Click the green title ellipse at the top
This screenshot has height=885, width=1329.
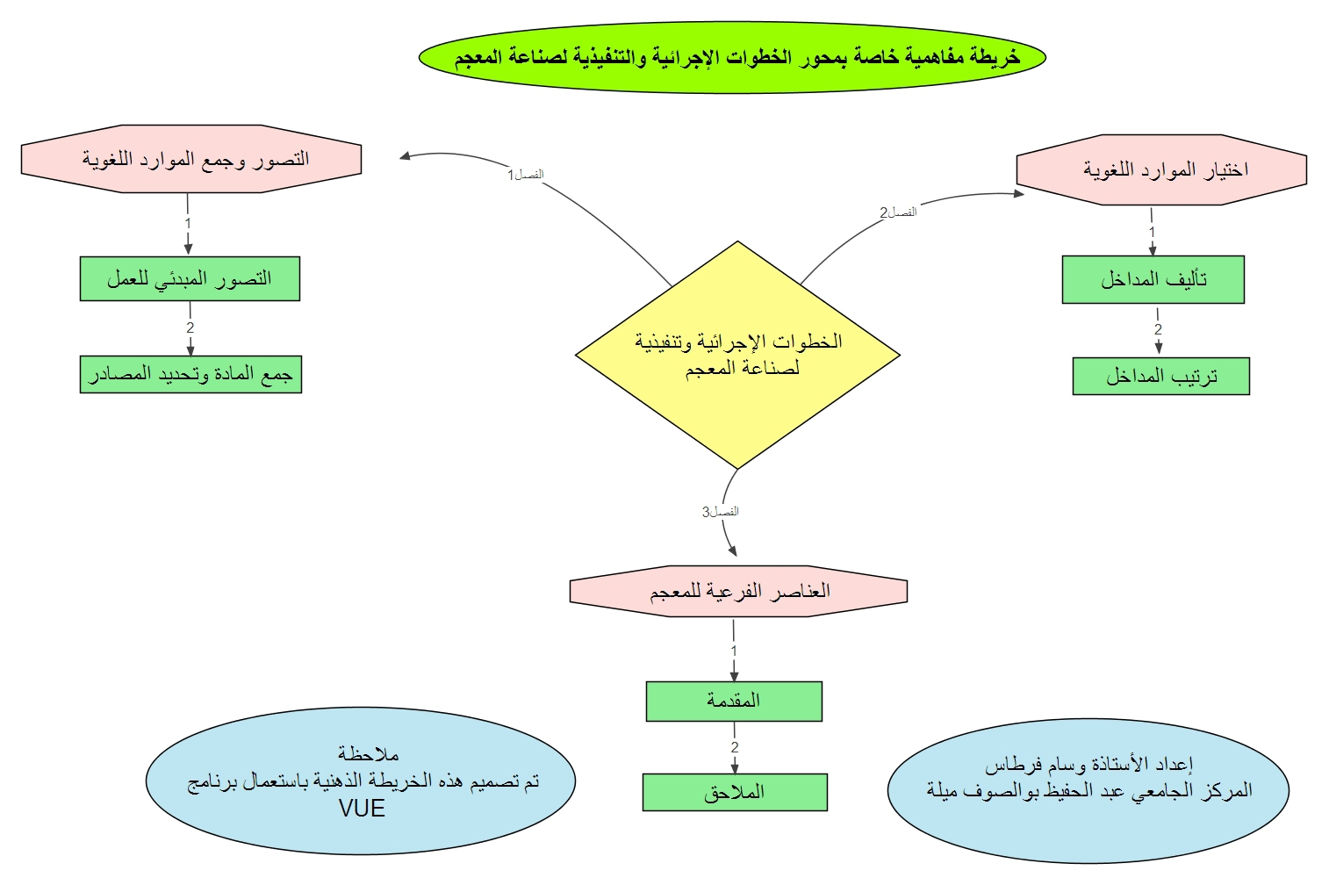(x=732, y=57)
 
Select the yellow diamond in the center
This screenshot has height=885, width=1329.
(x=737, y=355)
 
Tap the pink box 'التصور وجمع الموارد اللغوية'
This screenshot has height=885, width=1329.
(x=191, y=159)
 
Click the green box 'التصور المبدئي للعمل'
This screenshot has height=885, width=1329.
(x=190, y=279)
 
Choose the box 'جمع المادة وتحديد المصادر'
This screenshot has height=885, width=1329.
(x=190, y=375)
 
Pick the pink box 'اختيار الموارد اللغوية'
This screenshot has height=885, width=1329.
(x=1161, y=169)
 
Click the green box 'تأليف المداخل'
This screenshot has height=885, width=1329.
(x=1153, y=280)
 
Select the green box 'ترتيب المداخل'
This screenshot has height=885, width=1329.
(x=1160, y=377)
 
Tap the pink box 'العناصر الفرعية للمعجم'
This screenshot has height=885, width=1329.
(x=738, y=591)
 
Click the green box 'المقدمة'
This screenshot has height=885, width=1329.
(x=734, y=701)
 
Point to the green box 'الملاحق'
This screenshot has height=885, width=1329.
(x=735, y=792)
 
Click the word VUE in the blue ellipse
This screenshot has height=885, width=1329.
(x=362, y=809)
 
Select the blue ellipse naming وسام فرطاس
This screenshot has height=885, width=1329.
(x=1088, y=789)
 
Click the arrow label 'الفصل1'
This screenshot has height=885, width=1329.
(x=525, y=175)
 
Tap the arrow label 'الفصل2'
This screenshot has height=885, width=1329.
(x=898, y=212)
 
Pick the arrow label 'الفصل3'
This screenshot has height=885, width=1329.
(x=720, y=512)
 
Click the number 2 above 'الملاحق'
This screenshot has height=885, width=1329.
(x=735, y=747)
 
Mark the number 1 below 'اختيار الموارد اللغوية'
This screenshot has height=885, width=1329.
(x=1153, y=232)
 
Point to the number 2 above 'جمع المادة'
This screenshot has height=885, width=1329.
(x=190, y=328)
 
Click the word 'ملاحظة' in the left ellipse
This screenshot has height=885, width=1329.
(x=369, y=754)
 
